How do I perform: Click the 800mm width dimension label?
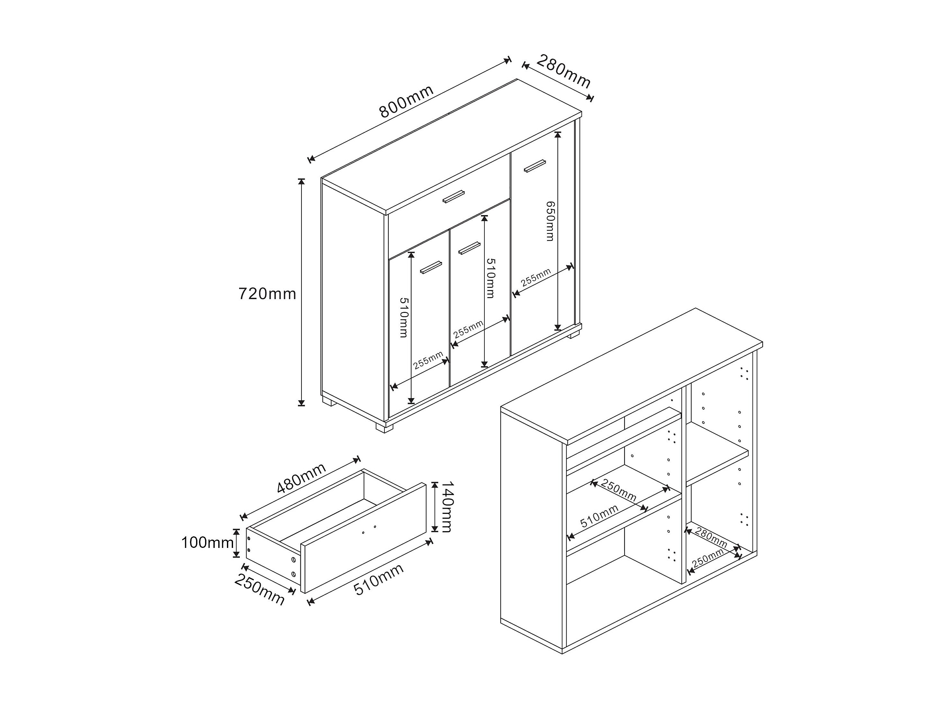tap(406, 101)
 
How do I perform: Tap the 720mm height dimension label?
tap(267, 294)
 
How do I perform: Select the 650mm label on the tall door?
tap(550, 221)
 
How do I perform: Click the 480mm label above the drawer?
tap(301, 478)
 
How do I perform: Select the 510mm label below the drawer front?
tap(379, 580)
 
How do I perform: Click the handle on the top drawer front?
tap(453, 196)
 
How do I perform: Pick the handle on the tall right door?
tap(535, 166)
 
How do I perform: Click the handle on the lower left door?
tap(431, 267)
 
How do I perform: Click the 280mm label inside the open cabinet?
tap(711, 538)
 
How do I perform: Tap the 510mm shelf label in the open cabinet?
tap(599, 516)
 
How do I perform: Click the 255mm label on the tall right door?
tap(536, 277)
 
